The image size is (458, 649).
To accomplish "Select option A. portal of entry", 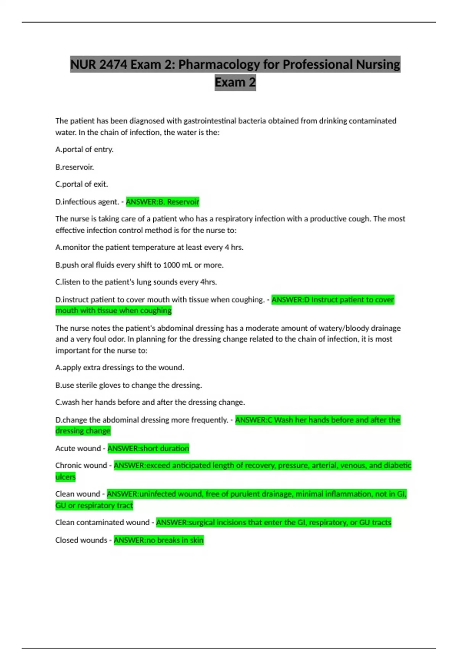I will click(x=84, y=150).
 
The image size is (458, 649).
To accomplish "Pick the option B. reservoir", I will click(x=75, y=167).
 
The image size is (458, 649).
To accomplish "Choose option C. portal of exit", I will click(x=82, y=184).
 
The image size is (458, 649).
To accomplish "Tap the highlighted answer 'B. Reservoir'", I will click(x=163, y=202).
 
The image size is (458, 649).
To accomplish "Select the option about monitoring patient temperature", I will click(x=149, y=247).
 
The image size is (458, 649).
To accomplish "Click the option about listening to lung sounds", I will click(x=136, y=282).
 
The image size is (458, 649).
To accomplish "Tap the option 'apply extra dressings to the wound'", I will click(x=120, y=368).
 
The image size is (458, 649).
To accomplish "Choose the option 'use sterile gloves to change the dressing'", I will click(x=129, y=385).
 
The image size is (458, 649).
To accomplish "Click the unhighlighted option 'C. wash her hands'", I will click(x=150, y=402).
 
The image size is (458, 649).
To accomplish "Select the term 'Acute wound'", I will click(x=78, y=449).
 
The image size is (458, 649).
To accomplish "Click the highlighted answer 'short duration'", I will click(x=148, y=449).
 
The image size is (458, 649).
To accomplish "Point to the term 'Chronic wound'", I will click(x=81, y=466).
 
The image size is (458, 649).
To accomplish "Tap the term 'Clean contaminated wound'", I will click(x=102, y=523).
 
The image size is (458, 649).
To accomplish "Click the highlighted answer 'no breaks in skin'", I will click(x=159, y=540).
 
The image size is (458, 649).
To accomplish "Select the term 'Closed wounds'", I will click(x=81, y=540).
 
